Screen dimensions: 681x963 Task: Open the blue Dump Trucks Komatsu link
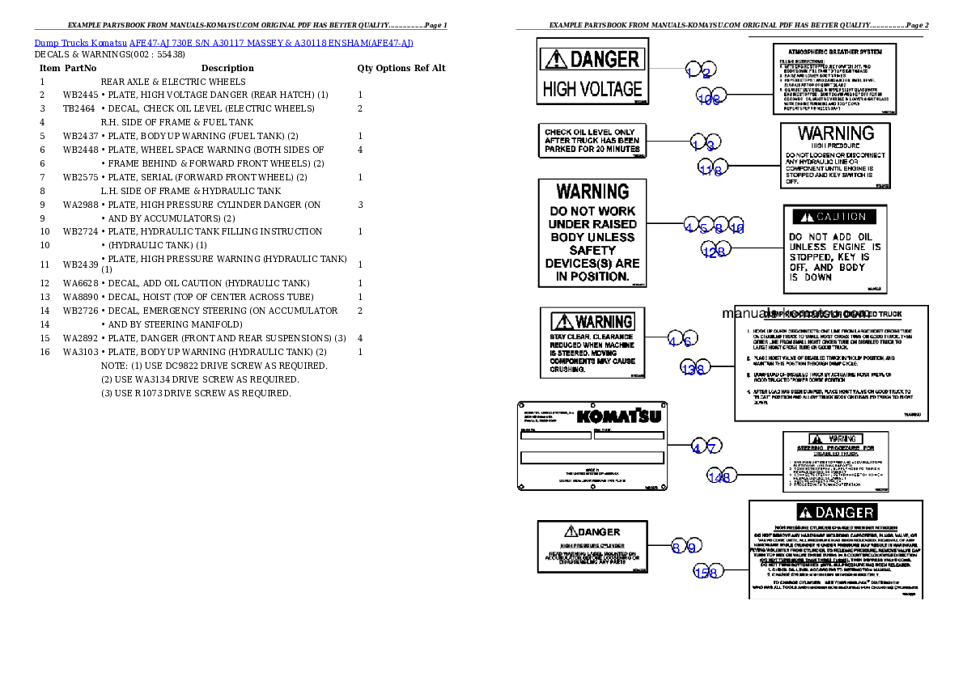[x=223, y=43]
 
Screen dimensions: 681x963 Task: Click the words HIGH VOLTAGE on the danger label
[x=592, y=89]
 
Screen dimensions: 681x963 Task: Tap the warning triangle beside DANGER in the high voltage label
[x=556, y=59]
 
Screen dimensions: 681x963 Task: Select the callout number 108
[x=710, y=99]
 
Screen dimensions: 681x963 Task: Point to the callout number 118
[x=711, y=170]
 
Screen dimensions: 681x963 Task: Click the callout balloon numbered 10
[x=736, y=229]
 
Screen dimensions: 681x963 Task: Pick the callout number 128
[x=714, y=252]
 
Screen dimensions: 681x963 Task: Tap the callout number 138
[x=694, y=370]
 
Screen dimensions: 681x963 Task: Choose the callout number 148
[x=719, y=477]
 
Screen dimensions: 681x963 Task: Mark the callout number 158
[x=706, y=573]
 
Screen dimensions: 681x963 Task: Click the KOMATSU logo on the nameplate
[x=619, y=417]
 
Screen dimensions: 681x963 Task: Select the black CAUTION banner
[x=834, y=217]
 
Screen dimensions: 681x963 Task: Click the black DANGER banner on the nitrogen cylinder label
[x=835, y=513]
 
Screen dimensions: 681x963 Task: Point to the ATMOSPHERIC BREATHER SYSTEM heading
[x=837, y=51]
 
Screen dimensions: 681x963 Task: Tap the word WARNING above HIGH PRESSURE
[x=836, y=133]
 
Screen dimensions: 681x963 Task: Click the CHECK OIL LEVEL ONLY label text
[x=589, y=133]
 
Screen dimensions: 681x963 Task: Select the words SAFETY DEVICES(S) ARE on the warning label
[x=592, y=256]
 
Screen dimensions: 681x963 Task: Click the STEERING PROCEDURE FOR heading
[x=835, y=447]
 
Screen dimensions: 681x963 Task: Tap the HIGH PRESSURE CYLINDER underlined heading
[x=591, y=546]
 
